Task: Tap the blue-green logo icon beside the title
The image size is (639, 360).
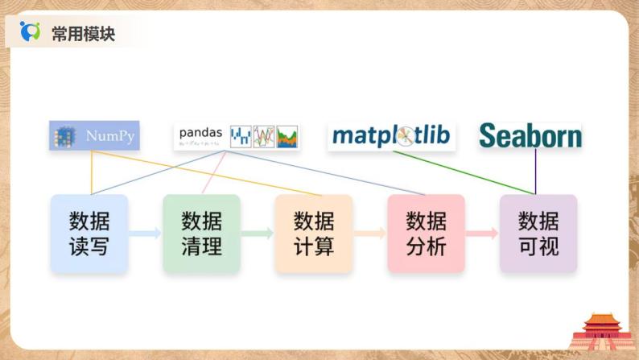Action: pyautogui.click(x=31, y=31)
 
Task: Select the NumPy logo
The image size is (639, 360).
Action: pyautogui.click(x=94, y=136)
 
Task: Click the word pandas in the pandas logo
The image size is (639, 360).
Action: pyautogui.click(x=200, y=131)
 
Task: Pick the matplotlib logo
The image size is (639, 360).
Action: pyautogui.click(x=392, y=135)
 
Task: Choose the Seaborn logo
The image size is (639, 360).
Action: pyautogui.click(x=530, y=135)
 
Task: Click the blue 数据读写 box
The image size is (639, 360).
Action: pyautogui.click(x=89, y=233)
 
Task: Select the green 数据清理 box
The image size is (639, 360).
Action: pyautogui.click(x=201, y=233)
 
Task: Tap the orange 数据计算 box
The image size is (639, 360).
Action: pyautogui.click(x=313, y=233)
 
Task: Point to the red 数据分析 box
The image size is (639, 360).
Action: pyautogui.click(x=426, y=233)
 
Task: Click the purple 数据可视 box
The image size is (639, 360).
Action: pyautogui.click(x=538, y=233)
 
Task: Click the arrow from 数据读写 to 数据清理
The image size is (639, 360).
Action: pyautogui.click(x=145, y=234)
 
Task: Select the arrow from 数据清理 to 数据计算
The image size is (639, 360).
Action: pyautogui.click(x=257, y=234)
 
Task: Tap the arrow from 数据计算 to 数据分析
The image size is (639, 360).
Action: pyautogui.click(x=369, y=234)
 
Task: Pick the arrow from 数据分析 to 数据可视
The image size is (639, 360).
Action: pyautogui.click(x=481, y=234)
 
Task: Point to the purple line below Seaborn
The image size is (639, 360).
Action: pyautogui.click(x=535, y=171)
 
